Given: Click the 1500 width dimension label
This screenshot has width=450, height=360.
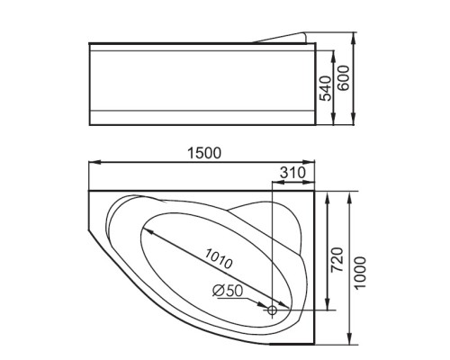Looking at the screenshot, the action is [x=204, y=153].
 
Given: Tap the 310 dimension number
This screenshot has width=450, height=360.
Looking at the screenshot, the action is [x=292, y=173].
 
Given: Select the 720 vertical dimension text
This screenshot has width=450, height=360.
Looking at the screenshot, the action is [x=337, y=259].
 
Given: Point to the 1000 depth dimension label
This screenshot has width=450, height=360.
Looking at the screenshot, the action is [x=360, y=273].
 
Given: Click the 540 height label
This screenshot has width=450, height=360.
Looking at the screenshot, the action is [x=326, y=88].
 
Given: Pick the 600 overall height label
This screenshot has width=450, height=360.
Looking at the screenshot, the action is [x=344, y=77].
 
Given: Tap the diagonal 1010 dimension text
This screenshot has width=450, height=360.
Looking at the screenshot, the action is [x=219, y=258].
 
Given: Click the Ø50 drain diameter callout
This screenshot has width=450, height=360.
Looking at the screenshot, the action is [x=228, y=291].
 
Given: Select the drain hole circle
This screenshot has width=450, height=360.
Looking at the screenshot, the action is [x=272, y=310].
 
